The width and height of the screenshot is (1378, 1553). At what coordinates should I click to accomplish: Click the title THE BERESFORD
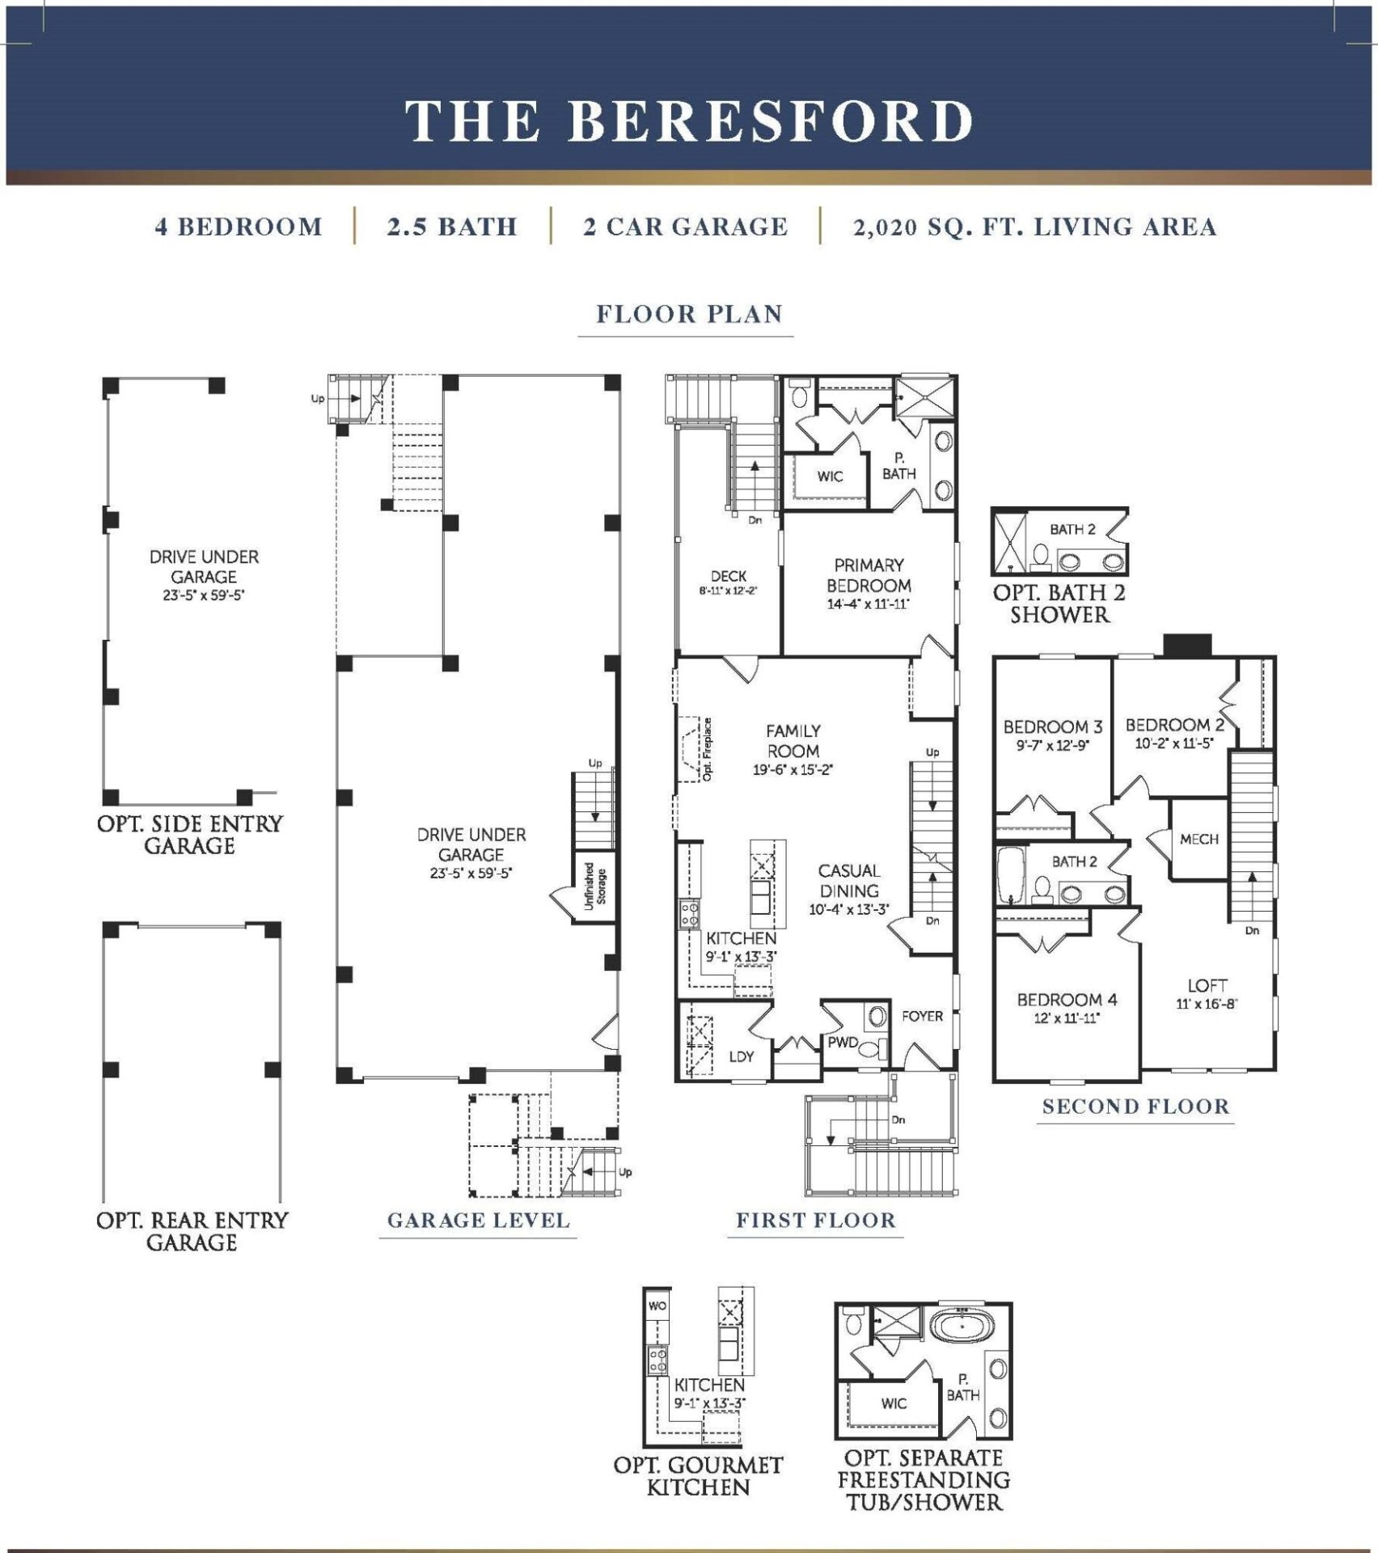pos(689,121)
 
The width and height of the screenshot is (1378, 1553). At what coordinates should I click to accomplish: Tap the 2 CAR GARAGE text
pos(685,227)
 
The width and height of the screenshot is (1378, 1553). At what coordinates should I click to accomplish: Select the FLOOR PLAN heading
pos(689,314)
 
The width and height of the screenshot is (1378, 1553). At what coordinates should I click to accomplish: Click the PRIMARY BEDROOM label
pos(869,575)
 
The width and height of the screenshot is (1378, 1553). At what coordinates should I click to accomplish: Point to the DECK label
pos(728,576)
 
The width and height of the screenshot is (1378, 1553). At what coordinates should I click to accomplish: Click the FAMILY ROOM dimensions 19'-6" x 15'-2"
pos(793,771)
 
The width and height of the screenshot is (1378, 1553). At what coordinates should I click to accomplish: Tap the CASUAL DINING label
pos(848,881)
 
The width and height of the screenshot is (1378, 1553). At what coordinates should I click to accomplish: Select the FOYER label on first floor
pos(922,1016)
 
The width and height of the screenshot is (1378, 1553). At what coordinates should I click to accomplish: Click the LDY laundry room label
pos(741,1056)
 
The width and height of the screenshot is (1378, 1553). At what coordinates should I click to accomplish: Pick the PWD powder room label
pos(842,1043)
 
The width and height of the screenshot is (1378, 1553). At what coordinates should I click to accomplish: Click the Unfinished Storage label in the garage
pos(594,887)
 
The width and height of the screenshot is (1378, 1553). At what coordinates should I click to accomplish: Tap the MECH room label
pos(1198,840)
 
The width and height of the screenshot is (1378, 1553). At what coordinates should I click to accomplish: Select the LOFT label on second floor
pos(1207,985)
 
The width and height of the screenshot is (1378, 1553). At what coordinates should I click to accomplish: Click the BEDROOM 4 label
pos(1067,1000)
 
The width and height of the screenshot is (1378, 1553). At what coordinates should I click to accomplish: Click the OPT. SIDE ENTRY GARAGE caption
pos(190,835)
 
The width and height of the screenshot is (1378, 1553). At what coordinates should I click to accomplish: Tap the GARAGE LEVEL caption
pos(478,1220)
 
